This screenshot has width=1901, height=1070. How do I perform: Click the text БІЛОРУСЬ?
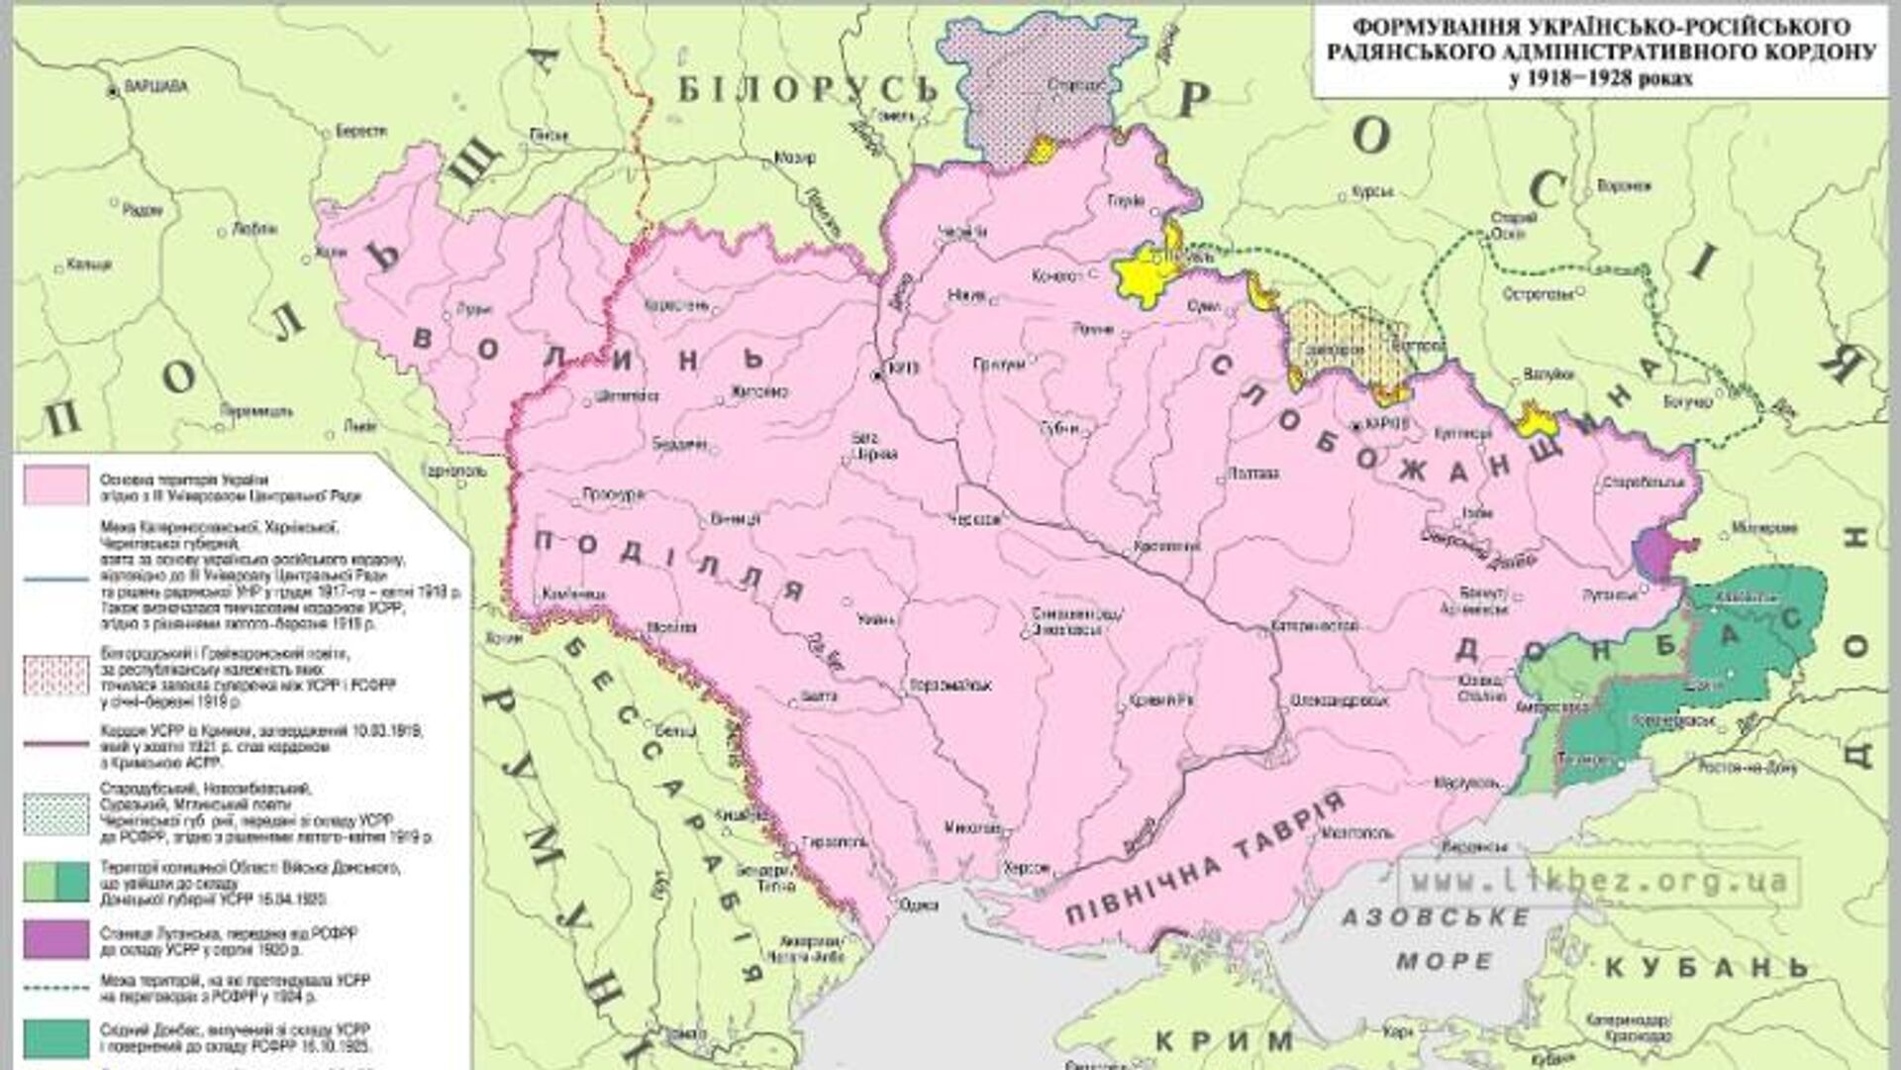coord(807,90)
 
